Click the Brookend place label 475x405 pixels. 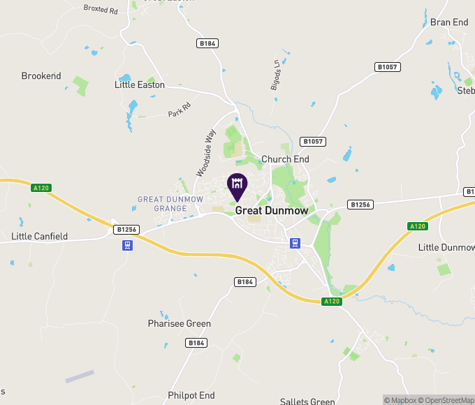[x=41, y=75]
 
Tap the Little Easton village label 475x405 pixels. [x=140, y=84]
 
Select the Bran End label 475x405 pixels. [x=449, y=22]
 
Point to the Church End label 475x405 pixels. [x=285, y=159]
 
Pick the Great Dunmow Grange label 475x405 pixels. [x=170, y=203]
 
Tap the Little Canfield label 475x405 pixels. [x=40, y=236]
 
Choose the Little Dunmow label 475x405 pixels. [x=446, y=247]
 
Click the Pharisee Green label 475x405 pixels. [x=179, y=323]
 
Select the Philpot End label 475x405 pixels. [x=191, y=395]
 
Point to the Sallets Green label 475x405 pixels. [x=307, y=401]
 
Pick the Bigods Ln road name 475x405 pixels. [x=275, y=75]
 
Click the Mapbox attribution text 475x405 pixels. [x=403, y=400]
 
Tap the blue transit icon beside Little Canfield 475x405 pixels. [x=127, y=245]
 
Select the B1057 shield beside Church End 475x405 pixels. [x=314, y=141]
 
